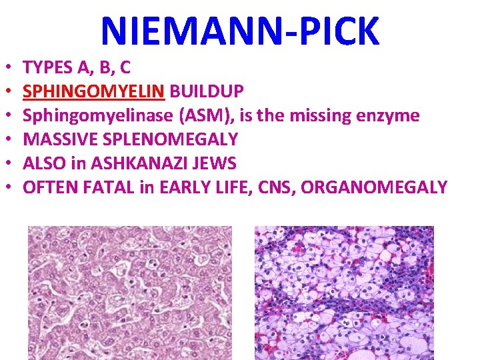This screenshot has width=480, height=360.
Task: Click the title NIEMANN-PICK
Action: click(240, 31)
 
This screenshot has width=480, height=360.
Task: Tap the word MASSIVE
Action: click(57, 139)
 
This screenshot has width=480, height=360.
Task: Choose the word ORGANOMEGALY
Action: click(374, 187)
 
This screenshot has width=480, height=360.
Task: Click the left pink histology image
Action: click(129, 293)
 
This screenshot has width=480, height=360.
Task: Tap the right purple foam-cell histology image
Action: click(344, 293)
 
